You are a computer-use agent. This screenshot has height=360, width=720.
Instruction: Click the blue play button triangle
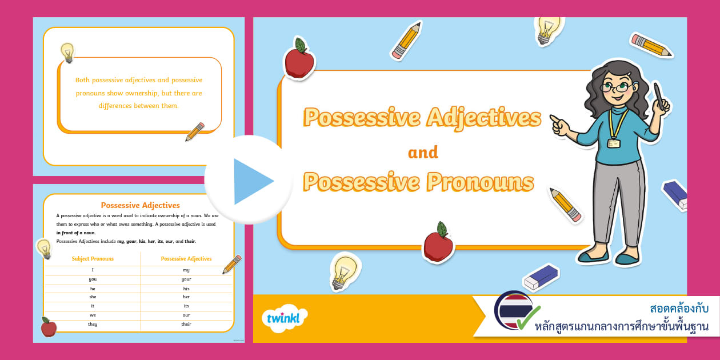click(x=251, y=181)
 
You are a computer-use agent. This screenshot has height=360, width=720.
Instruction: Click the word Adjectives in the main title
click(x=483, y=118)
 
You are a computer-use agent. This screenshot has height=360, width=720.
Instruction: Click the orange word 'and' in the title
click(x=423, y=153)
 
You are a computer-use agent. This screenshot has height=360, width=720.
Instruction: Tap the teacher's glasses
click(x=615, y=87)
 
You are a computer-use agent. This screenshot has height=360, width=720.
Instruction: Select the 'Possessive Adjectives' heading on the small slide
click(x=140, y=205)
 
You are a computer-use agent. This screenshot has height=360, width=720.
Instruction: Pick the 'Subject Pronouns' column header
click(x=93, y=259)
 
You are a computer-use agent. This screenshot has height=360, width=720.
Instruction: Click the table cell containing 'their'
click(x=186, y=324)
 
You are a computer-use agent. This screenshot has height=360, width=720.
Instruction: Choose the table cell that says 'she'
click(x=93, y=297)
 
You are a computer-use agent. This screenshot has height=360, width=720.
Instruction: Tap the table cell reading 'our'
click(x=186, y=315)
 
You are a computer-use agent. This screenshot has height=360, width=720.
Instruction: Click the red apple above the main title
click(x=299, y=59)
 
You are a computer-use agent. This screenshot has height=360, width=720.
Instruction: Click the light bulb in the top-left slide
click(x=67, y=52)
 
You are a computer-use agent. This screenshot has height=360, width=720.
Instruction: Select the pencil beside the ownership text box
click(x=195, y=131)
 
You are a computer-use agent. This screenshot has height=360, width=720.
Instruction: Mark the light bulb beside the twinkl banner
click(x=345, y=270)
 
